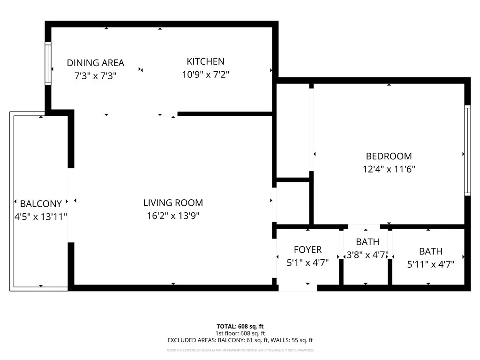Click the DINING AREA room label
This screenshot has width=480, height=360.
click(95, 63)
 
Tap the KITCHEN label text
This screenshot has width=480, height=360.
click(205, 61)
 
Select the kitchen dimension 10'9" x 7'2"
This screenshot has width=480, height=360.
click(205, 74)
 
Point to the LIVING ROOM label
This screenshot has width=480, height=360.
click(173, 203)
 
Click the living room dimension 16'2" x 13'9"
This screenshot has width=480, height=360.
click(173, 216)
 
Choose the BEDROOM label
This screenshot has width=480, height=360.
click(389, 157)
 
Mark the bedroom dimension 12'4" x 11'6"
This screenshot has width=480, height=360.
click(389, 169)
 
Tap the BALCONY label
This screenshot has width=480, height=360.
click(41, 204)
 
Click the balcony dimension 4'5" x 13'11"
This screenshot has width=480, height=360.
click(41, 217)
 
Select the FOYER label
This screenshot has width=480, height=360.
click(307, 250)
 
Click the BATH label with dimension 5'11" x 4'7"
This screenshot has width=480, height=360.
click(430, 251)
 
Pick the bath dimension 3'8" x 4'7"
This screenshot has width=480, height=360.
click(367, 255)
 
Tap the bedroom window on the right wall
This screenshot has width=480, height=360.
click(467, 150)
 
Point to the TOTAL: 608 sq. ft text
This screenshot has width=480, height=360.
click(240, 326)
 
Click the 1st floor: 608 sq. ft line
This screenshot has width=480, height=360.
click(240, 333)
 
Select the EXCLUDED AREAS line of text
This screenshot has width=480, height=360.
click(240, 340)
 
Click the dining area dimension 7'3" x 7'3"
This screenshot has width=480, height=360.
click(95, 75)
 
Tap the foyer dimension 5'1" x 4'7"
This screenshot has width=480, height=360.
click(307, 263)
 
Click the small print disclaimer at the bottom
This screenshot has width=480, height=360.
click(240, 350)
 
